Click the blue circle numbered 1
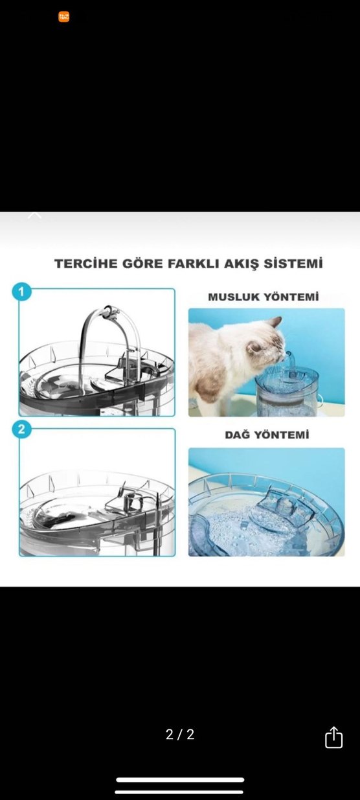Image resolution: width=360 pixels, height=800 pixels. [x=21, y=292]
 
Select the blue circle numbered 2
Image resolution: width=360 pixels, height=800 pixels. [x=21, y=428]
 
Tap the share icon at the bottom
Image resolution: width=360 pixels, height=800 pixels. [x=333, y=737]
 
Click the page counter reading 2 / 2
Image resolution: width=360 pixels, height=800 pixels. [x=180, y=735]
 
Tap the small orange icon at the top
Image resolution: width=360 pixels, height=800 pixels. [x=63, y=17]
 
